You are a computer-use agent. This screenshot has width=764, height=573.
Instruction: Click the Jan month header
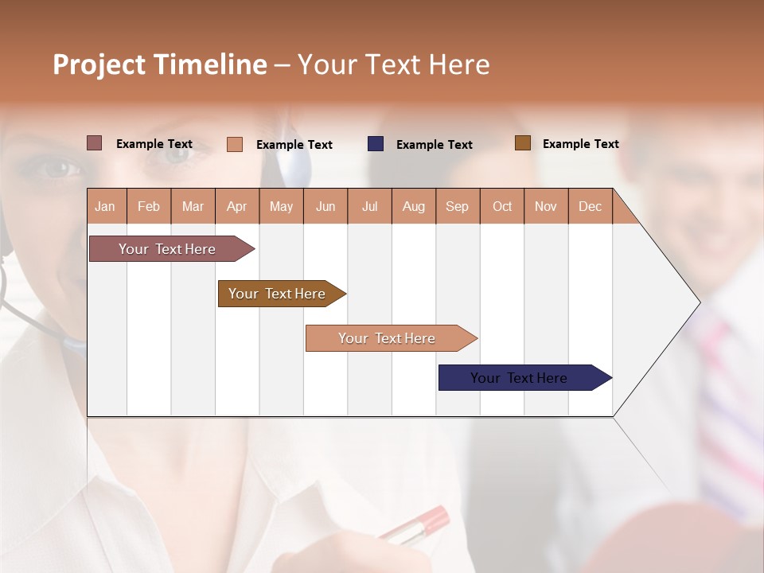tap(105, 206)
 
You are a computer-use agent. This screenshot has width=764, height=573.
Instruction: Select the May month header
tap(281, 206)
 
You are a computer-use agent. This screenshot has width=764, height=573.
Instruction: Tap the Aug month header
tap(413, 206)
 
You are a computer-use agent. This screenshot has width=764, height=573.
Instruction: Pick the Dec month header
tap(590, 206)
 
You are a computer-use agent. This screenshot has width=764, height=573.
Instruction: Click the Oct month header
tap(502, 206)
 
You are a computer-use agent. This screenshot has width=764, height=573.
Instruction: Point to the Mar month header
tap(193, 206)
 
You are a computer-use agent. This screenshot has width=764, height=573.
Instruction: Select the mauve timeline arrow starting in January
tap(168, 249)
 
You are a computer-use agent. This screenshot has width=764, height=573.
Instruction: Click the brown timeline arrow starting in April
tap(278, 294)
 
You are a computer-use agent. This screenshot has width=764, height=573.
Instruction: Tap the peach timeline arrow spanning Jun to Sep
tap(387, 338)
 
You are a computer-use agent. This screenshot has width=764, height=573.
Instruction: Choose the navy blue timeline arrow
tap(520, 378)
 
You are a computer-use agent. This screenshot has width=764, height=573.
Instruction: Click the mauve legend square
tap(95, 143)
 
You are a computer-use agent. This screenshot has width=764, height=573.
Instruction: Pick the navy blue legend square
tap(376, 144)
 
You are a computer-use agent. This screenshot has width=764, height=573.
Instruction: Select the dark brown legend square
tap(523, 143)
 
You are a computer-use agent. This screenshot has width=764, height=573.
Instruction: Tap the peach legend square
tap(235, 144)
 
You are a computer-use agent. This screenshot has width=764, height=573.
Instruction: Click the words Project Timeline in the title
tap(159, 64)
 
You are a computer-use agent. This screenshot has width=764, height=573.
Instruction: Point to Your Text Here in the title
tap(393, 64)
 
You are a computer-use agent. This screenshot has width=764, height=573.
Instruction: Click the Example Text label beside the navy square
tap(434, 145)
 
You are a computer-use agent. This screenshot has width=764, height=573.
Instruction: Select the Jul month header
tap(369, 206)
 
